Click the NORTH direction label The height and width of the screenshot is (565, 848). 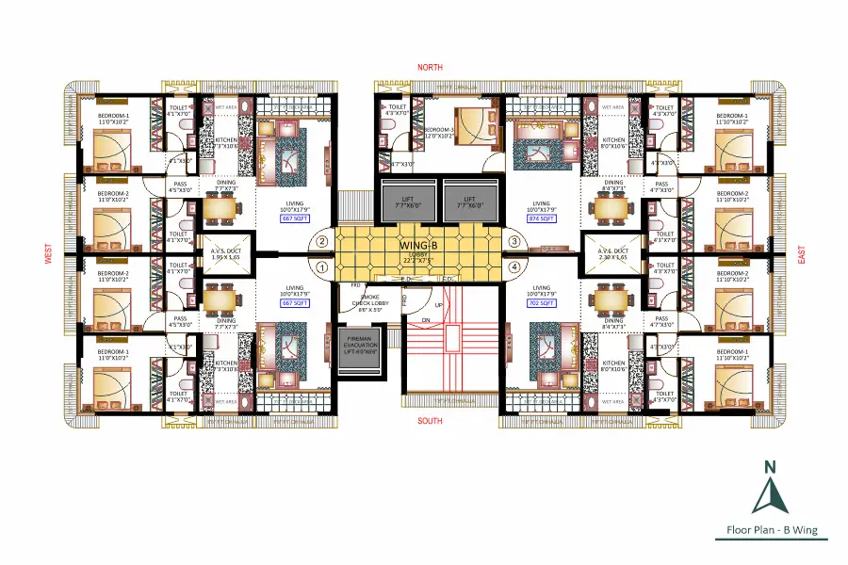coord(431,68)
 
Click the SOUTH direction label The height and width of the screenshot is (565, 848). coord(431,421)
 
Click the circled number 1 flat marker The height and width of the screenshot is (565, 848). coord(322,266)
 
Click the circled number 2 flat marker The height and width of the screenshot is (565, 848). coord(322,241)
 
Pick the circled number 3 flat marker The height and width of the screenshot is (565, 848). coord(514,241)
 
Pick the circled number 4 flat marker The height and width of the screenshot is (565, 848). coord(514,266)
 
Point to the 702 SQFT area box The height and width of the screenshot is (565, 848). coord(541,303)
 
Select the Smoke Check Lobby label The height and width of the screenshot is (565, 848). coord(362,302)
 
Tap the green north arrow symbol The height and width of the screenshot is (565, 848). coord(770,489)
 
